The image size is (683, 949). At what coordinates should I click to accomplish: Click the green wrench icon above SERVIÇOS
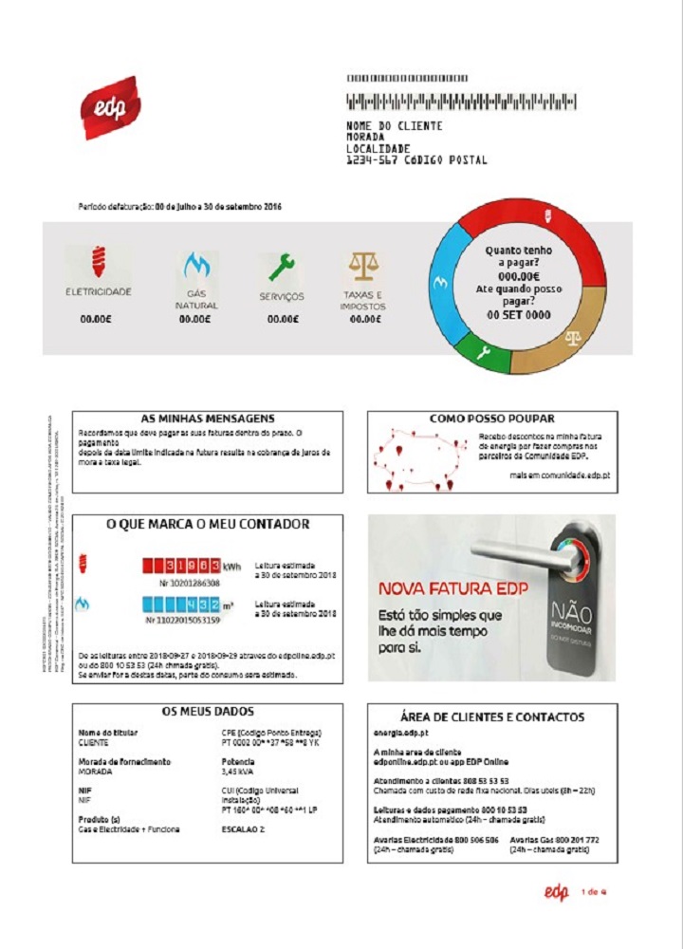click(281, 268)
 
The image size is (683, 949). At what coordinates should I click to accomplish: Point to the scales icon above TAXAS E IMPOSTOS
click(361, 267)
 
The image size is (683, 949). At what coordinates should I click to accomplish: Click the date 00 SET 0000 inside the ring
click(518, 315)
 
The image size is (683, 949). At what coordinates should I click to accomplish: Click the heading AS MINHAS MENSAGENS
click(207, 419)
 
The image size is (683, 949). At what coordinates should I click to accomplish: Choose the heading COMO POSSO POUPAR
click(491, 419)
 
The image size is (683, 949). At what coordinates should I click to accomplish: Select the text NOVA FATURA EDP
click(452, 589)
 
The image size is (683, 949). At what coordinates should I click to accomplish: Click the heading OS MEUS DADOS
click(207, 712)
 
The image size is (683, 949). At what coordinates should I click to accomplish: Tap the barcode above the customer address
click(462, 102)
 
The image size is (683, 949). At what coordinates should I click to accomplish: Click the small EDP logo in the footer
click(556, 891)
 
